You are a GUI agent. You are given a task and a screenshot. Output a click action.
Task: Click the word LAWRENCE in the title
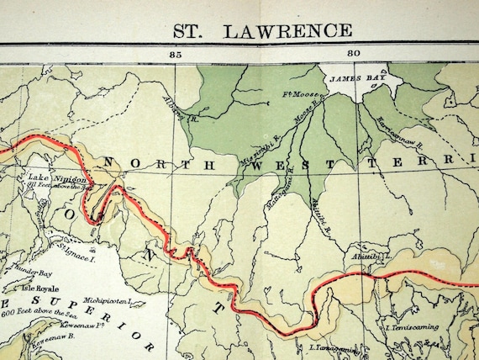(x=287, y=31)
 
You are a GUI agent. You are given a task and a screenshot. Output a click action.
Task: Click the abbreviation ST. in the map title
(x=192, y=31)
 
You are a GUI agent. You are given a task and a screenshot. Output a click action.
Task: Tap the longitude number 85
(x=176, y=54)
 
